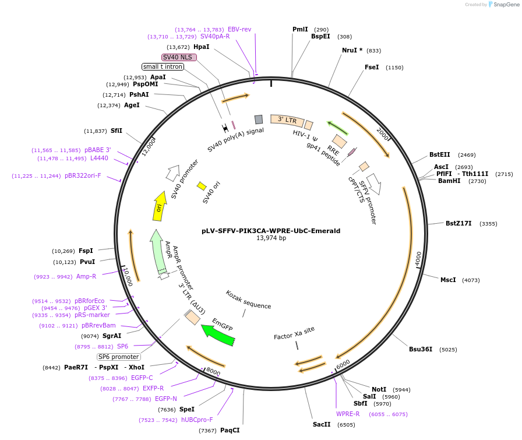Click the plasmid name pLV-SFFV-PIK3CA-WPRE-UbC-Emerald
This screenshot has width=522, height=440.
click(271, 231)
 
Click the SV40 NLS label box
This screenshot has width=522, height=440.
click(179, 57)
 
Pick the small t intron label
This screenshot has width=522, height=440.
click(163, 66)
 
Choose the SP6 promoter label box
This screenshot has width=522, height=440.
click(119, 357)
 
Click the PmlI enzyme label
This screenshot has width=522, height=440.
click(300, 29)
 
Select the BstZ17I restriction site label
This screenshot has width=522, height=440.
click(458, 223)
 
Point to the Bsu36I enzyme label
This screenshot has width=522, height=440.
click(421, 350)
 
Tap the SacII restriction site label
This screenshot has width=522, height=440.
click(322, 424)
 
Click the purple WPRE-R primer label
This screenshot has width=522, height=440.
click(348, 414)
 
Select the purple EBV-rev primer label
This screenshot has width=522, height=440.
click(239, 29)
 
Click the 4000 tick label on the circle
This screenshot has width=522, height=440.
click(418, 259)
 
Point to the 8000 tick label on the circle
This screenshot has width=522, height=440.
click(213, 371)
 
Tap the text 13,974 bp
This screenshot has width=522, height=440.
click(271, 238)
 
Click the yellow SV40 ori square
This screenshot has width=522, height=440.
click(202, 186)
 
